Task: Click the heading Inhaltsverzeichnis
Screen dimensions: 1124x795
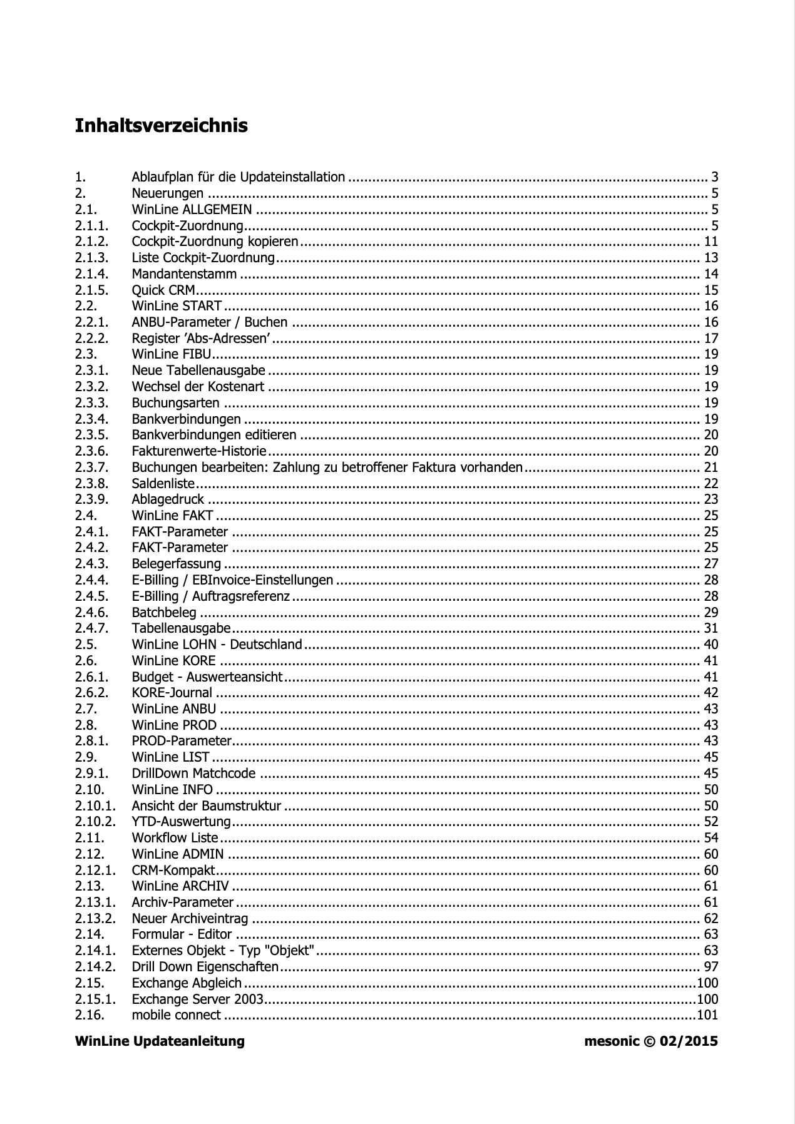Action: click(x=161, y=126)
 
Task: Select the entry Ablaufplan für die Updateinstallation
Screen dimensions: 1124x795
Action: click(x=238, y=177)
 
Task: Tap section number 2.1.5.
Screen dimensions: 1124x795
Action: click(x=91, y=290)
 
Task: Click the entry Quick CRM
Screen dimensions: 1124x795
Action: click(x=163, y=290)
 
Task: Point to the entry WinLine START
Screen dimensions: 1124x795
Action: click(x=177, y=306)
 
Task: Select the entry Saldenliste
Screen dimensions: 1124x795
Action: click(x=163, y=484)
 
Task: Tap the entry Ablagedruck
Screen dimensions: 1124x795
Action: click(x=168, y=499)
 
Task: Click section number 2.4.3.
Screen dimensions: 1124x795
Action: click(x=91, y=564)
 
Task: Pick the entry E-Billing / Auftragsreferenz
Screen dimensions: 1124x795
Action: click(x=210, y=596)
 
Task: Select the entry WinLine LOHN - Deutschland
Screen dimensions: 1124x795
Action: click(x=217, y=645)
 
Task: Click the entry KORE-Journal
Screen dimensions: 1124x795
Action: click(x=172, y=693)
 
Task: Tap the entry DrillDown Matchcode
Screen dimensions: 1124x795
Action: click(x=193, y=774)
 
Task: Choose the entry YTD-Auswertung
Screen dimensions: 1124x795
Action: click(x=181, y=822)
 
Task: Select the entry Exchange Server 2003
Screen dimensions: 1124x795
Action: click(x=197, y=999)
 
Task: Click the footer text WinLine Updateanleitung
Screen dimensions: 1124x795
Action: click(x=160, y=1041)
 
